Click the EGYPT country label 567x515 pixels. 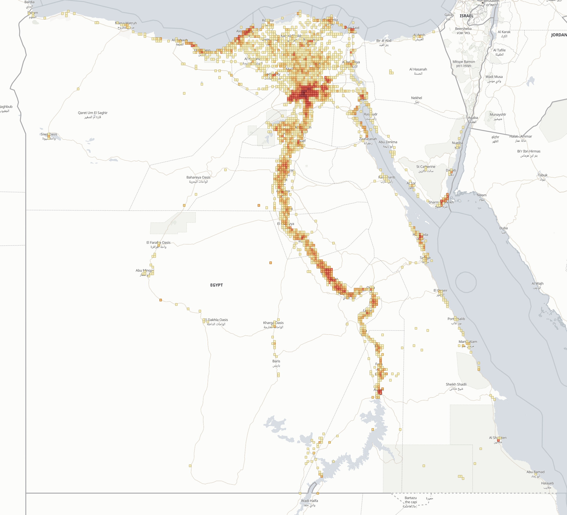[216, 285]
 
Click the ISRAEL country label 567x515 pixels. [466, 16]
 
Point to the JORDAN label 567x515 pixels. [559, 35]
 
